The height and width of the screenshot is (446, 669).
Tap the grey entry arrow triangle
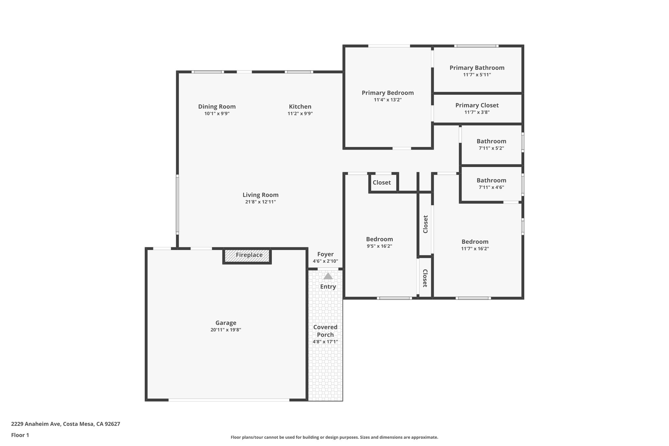pyautogui.click(x=328, y=276)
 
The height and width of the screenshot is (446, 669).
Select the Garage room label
pyautogui.click(x=226, y=323)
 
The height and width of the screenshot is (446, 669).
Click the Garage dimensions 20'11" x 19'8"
pyautogui.click(x=226, y=330)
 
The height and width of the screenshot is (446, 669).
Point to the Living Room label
pyautogui.click(x=260, y=195)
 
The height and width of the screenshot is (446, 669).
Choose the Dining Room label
pyautogui.click(x=217, y=107)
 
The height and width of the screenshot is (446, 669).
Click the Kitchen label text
pyautogui.click(x=300, y=107)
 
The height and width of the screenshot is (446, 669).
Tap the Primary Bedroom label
pyautogui.click(x=388, y=93)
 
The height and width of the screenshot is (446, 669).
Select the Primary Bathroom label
pyautogui.click(x=477, y=68)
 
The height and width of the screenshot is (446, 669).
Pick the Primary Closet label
pyautogui.click(x=477, y=105)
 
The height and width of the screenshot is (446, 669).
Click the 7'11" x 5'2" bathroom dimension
pyautogui.click(x=491, y=148)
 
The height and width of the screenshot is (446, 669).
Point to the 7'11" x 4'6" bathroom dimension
pyautogui.click(x=491, y=188)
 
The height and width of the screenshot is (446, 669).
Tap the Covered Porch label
pyautogui.click(x=325, y=331)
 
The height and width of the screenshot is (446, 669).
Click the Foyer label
pyautogui.click(x=325, y=254)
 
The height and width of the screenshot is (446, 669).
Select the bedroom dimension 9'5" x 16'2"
pyautogui.click(x=379, y=246)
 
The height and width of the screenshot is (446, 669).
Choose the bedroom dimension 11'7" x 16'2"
pyautogui.click(x=475, y=249)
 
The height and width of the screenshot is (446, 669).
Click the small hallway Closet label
pyautogui.click(x=382, y=183)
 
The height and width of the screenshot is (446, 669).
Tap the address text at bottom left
pyautogui.click(x=66, y=424)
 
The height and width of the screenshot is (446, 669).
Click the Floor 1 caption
pyautogui.click(x=20, y=435)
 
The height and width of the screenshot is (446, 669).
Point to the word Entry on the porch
pyautogui.click(x=328, y=287)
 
